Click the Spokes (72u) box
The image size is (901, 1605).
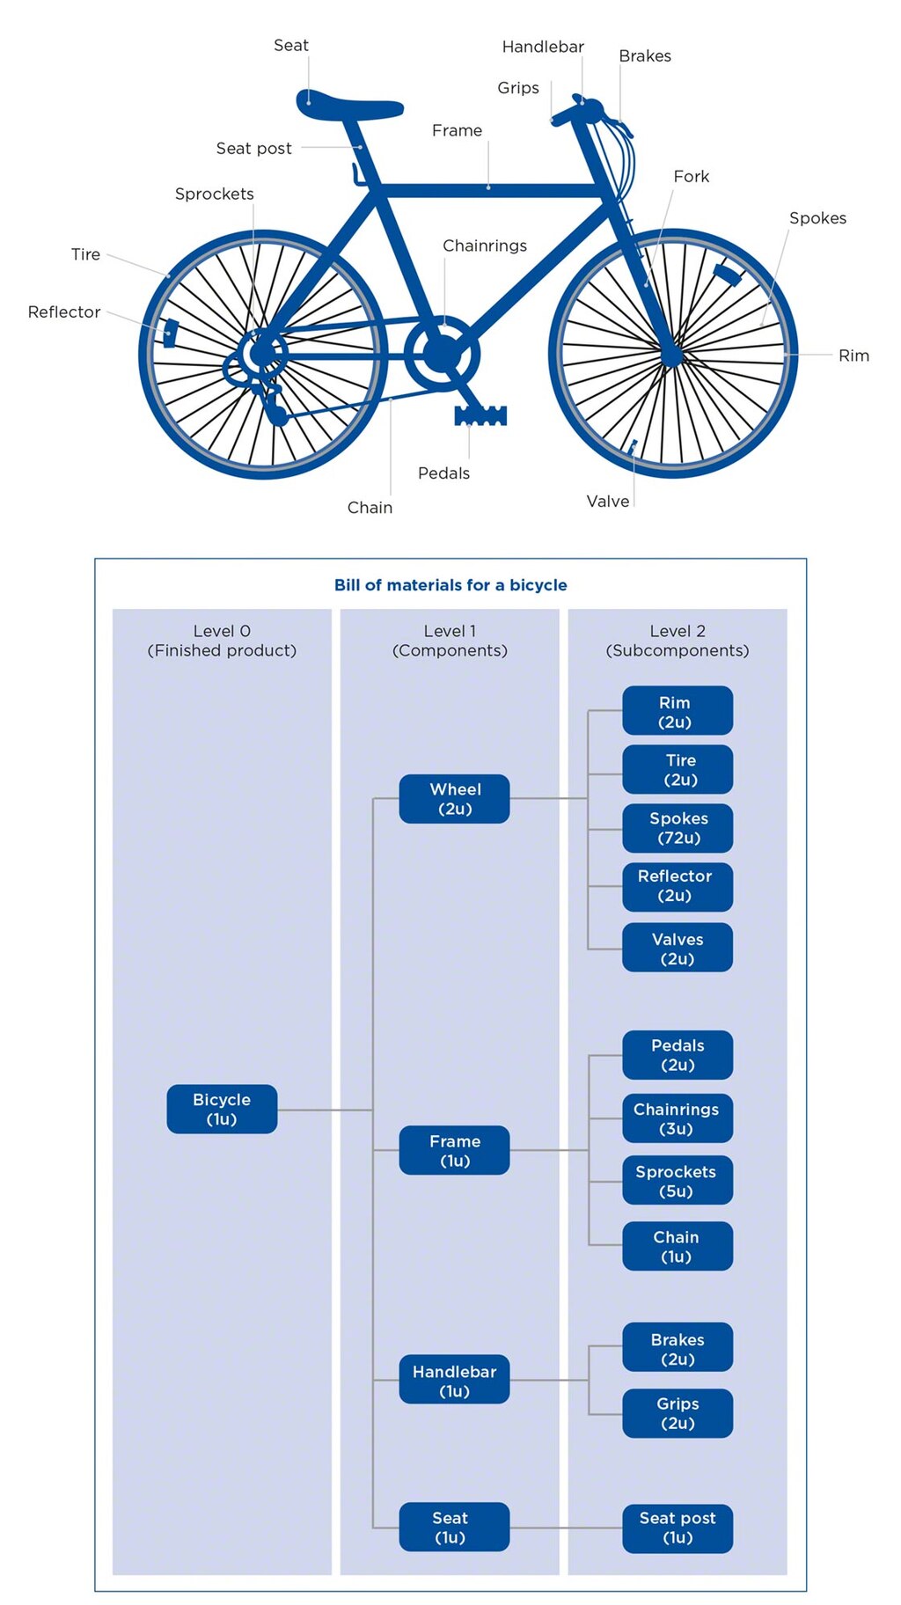coord(677,828)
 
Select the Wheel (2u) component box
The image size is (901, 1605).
coord(454,799)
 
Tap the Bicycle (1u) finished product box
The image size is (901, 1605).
coord(222,1109)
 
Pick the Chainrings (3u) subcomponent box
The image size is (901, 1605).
coord(677,1118)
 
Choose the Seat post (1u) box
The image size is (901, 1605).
coord(677,1528)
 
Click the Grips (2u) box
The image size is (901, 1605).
coord(677,1413)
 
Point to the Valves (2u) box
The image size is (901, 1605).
coord(677,949)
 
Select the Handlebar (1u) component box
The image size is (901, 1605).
coord(454,1381)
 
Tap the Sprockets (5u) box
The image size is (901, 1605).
coord(677,1181)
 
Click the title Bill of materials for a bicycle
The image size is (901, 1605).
coord(450,585)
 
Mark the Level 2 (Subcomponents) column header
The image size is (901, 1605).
coord(677,641)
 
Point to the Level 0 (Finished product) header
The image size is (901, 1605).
coord(222,641)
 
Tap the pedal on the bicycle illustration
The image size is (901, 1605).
coord(480,415)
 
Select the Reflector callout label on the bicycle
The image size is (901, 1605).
coord(64,312)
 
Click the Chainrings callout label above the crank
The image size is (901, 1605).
coord(485,246)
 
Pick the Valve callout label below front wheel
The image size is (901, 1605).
coord(608,502)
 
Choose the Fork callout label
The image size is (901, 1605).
coord(691,177)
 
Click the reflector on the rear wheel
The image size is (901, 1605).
coord(171,333)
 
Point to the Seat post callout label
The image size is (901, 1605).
coord(253,149)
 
